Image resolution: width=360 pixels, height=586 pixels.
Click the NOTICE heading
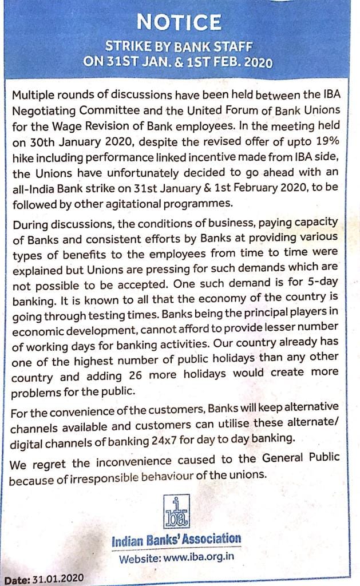(179, 22)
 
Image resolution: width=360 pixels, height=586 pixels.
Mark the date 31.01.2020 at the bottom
(56, 579)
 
